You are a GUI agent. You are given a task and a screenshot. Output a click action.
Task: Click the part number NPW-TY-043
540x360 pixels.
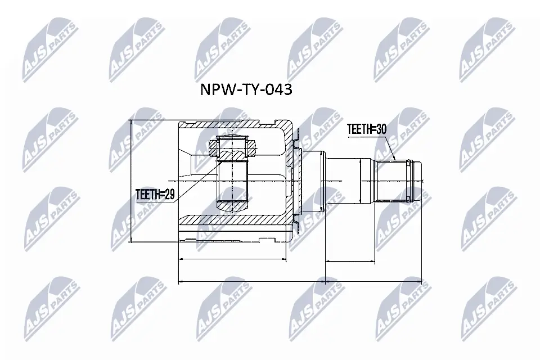(x=246, y=89)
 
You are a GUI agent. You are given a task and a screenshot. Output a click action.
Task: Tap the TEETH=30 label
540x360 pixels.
(x=367, y=128)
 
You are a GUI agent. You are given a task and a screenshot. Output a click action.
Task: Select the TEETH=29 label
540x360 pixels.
(x=156, y=195)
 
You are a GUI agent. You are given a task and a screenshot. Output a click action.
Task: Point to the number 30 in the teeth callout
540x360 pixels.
(x=381, y=128)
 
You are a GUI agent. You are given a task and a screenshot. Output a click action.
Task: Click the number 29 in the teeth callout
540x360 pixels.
(x=169, y=195)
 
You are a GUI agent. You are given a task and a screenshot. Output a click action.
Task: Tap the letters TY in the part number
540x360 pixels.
(x=249, y=89)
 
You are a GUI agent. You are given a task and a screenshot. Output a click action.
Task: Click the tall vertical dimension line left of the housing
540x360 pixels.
(x=130, y=181)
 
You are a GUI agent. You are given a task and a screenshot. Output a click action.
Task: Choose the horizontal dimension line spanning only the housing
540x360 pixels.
(x=232, y=259)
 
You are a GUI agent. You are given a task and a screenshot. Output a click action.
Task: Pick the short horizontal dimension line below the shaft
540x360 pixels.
(x=351, y=261)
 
